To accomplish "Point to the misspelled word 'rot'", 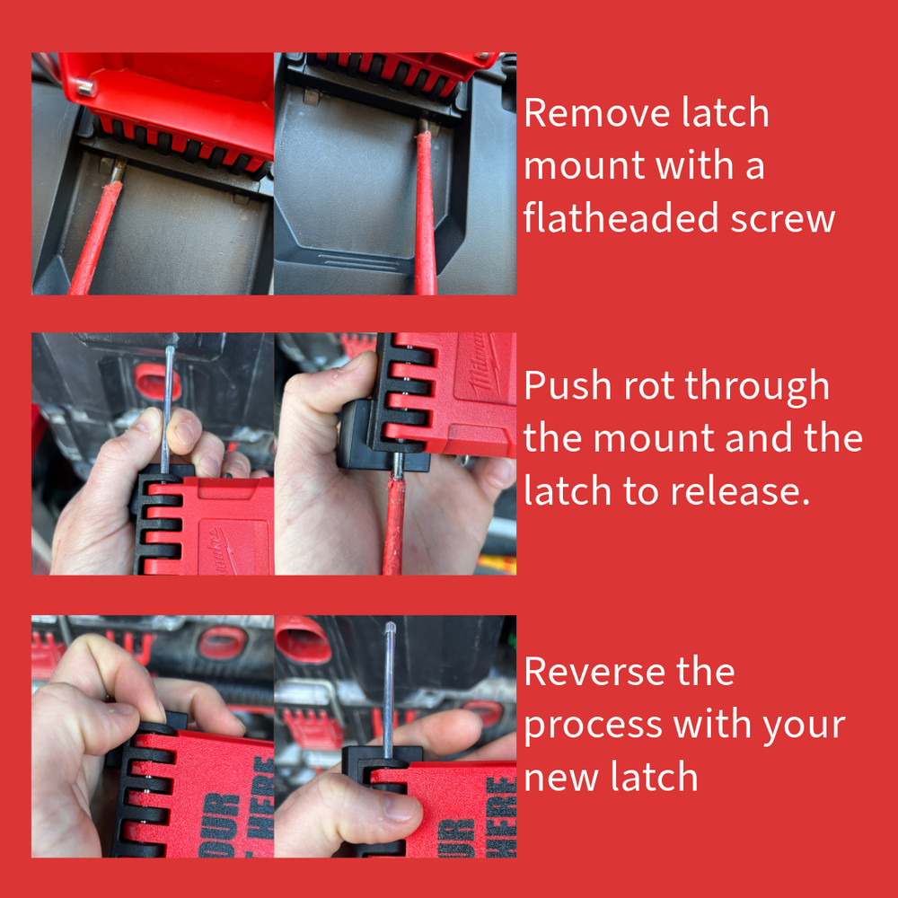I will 646,386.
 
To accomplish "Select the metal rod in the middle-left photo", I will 168,404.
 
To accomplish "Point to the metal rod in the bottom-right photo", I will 388,682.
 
